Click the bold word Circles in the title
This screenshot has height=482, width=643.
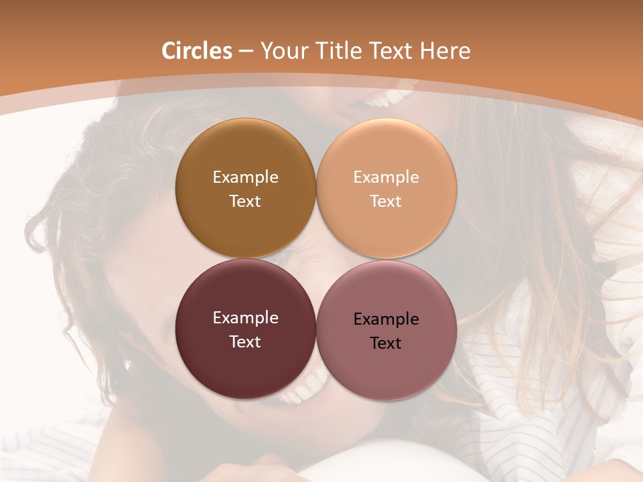point(197,51)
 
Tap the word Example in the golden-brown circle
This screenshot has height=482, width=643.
point(245,177)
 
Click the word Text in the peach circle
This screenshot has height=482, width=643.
point(386,201)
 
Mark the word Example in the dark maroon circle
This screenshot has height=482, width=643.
point(245,317)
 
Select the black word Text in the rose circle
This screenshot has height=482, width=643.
point(386,343)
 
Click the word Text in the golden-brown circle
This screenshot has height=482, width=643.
point(245,201)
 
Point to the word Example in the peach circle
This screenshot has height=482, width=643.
point(386,177)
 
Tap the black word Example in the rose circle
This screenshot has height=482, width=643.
point(386,319)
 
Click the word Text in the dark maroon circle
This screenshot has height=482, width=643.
point(245,341)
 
